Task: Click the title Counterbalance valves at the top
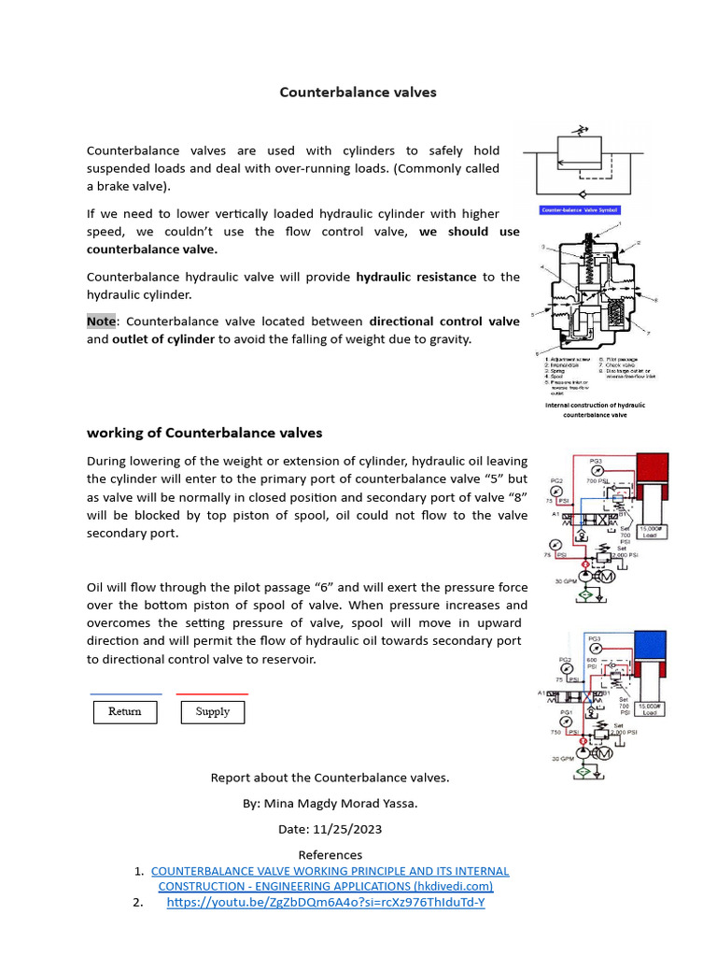click(x=358, y=93)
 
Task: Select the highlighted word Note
click(x=101, y=321)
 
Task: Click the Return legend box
click(x=125, y=712)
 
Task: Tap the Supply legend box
click(x=213, y=712)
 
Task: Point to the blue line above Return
click(x=125, y=694)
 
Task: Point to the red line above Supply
click(x=213, y=694)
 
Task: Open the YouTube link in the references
click(x=326, y=903)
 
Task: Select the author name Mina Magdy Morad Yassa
click(x=365, y=803)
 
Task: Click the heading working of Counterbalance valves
click(x=204, y=433)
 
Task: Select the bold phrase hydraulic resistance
click(x=416, y=277)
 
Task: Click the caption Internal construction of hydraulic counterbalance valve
click(x=595, y=410)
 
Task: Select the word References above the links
click(x=330, y=854)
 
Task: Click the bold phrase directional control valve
click(x=444, y=321)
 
